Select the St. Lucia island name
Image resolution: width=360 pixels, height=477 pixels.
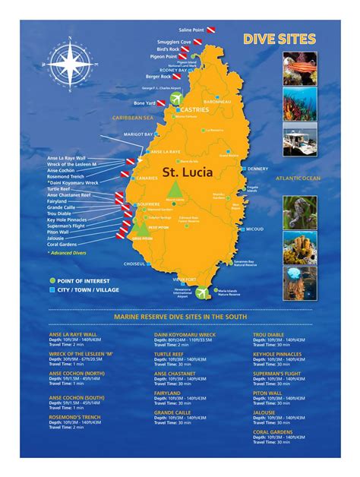[187, 172]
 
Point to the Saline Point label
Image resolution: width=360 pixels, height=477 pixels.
[191, 30]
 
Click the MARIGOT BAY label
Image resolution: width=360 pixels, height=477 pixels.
[138, 134]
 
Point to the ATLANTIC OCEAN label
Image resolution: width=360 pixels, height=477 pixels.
[298, 178]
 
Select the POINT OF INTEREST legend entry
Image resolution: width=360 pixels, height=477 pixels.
[83, 280]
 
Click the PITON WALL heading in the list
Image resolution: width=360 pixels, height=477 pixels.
[270, 393]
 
